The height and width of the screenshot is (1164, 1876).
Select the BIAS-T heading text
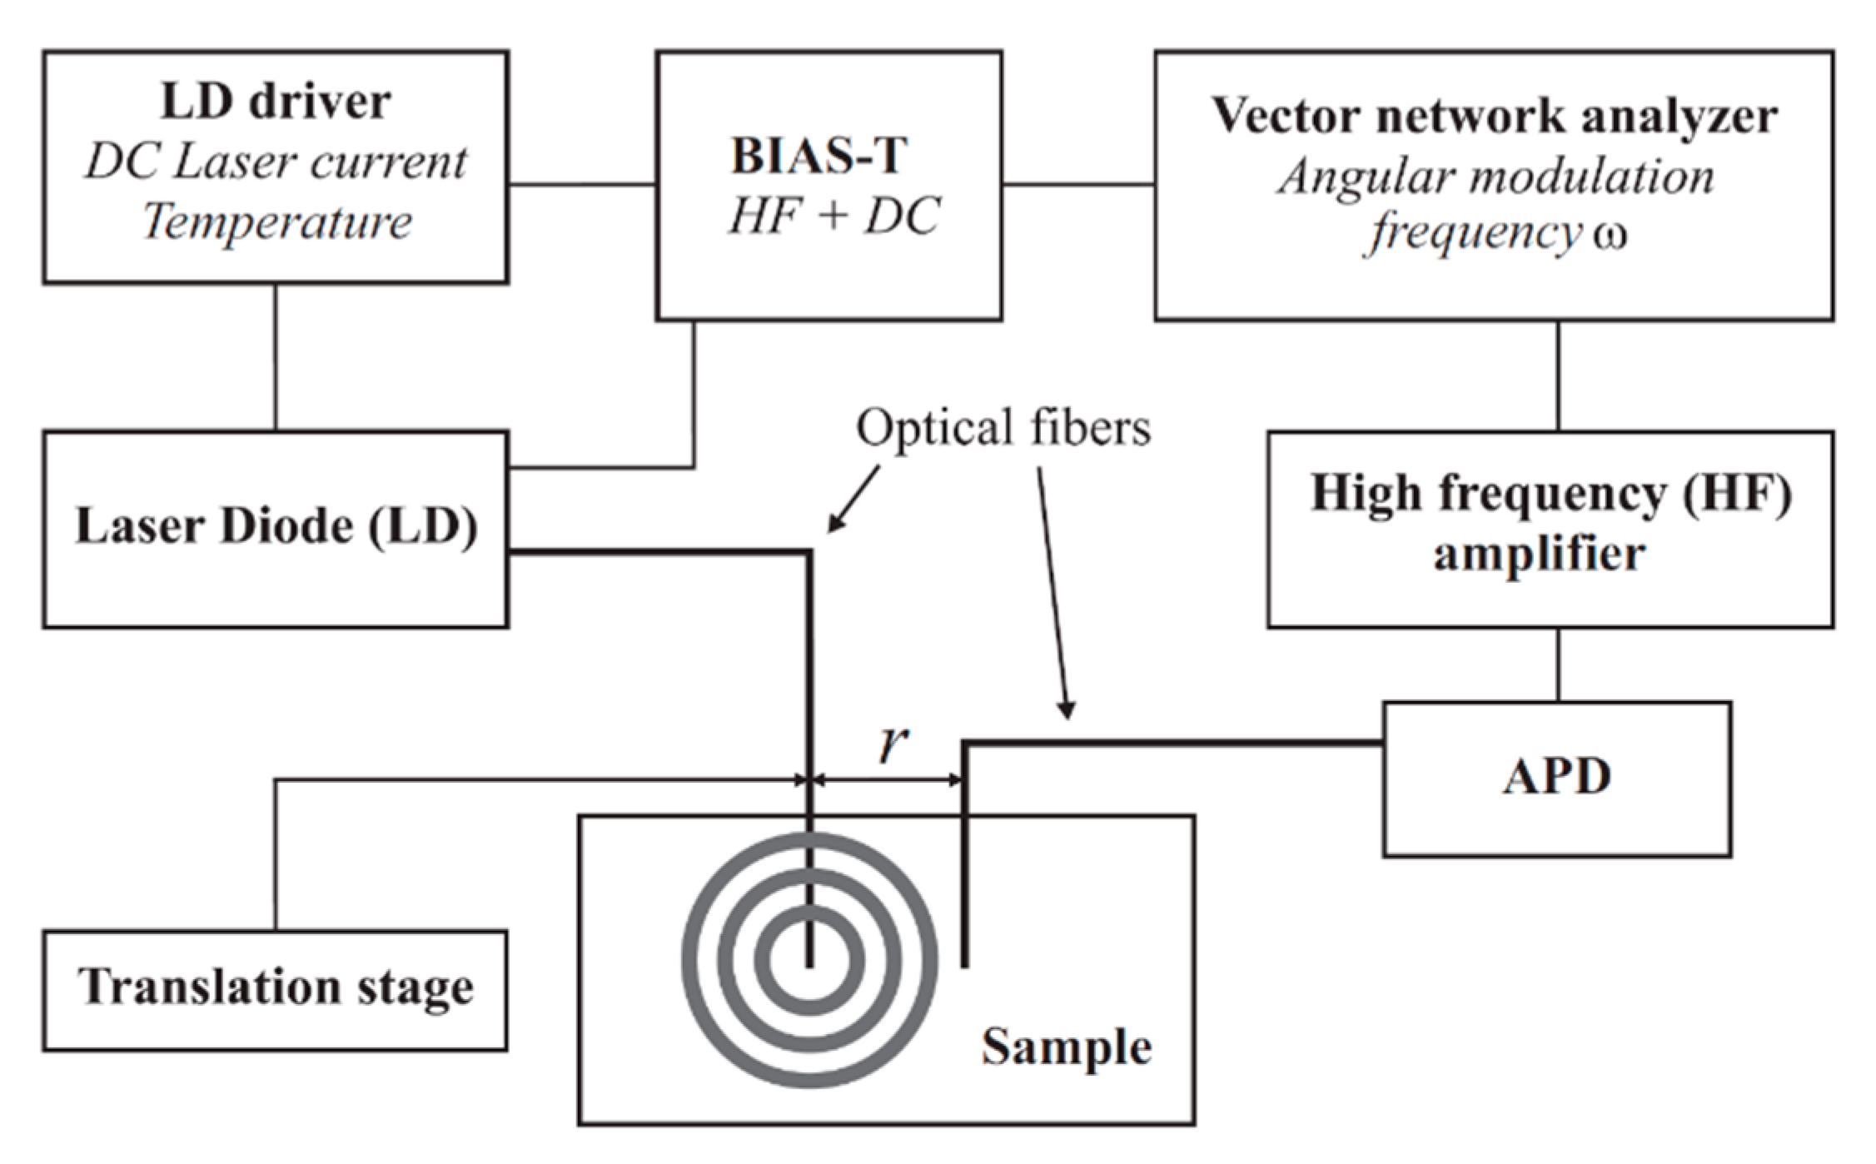click(x=818, y=156)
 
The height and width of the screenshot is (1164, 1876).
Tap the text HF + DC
click(x=834, y=216)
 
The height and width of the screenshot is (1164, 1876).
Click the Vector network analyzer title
click(x=1494, y=116)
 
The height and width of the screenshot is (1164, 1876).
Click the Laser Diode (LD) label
click(x=276, y=526)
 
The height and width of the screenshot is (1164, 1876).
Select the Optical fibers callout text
click(x=1003, y=429)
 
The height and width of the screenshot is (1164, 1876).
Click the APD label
click(x=1556, y=777)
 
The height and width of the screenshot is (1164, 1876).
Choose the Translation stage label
click(x=276, y=987)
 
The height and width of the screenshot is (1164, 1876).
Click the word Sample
click(x=1066, y=1047)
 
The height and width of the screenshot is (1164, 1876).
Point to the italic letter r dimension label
click(x=893, y=744)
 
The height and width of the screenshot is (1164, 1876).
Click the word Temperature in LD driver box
click(x=276, y=222)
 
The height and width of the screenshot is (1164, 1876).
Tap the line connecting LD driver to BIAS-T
click(x=582, y=185)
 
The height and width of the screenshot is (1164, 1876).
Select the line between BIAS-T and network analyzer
click(x=1077, y=185)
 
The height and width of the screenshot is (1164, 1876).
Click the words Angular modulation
click(x=1495, y=177)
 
